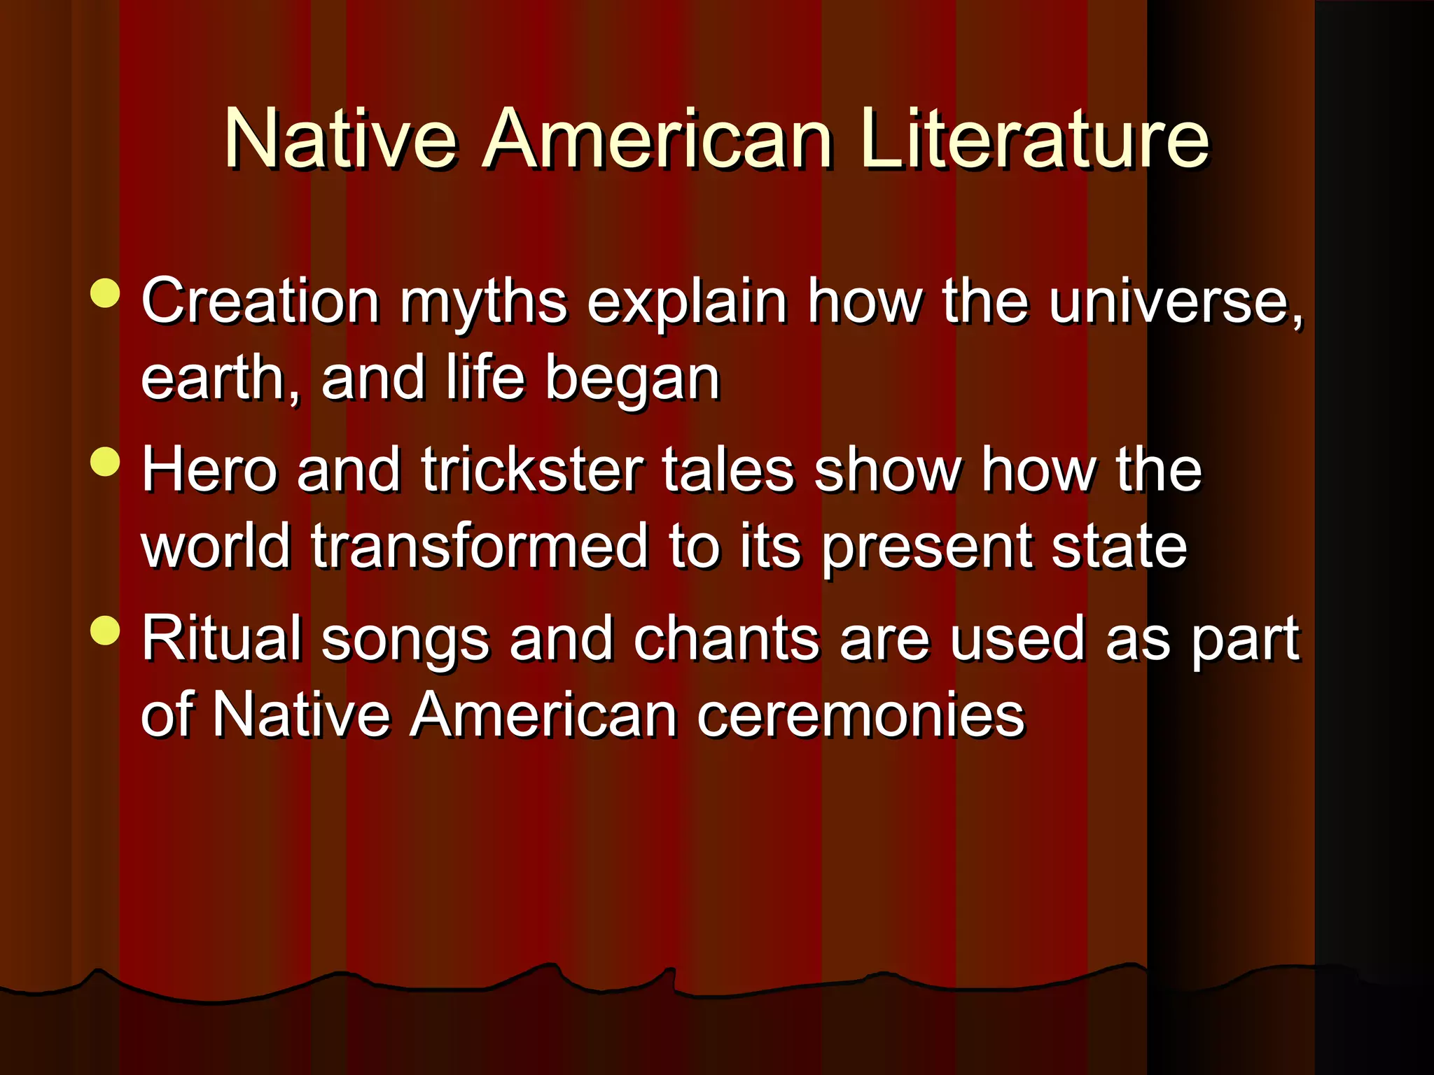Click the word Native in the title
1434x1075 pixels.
[x=340, y=140]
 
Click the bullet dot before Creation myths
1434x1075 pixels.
[x=106, y=293]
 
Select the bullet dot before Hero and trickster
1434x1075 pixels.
[x=106, y=462]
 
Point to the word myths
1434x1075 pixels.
[x=483, y=302]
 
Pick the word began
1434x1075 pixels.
[x=632, y=379]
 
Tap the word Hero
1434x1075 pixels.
[x=209, y=470]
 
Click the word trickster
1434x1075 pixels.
[x=532, y=470]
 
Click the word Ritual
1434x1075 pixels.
[x=221, y=638]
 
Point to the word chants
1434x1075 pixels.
[x=726, y=638]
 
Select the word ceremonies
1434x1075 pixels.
[x=860, y=715]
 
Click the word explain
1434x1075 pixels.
[x=686, y=302]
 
